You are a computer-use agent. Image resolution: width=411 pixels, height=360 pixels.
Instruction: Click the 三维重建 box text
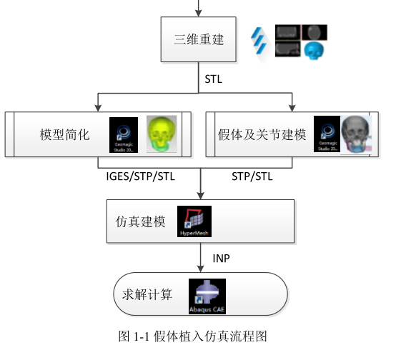(199, 39)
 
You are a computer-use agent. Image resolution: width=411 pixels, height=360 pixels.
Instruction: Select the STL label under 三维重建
(214, 79)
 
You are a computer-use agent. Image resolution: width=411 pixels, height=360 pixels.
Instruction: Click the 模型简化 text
(64, 134)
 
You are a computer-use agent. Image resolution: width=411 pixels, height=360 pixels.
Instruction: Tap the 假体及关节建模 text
(262, 134)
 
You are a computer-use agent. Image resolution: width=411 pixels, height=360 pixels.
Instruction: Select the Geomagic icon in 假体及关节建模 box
(327, 134)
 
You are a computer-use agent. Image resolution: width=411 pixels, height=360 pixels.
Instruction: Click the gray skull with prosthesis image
(357, 134)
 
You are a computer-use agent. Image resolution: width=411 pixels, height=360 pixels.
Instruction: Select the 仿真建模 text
(135, 222)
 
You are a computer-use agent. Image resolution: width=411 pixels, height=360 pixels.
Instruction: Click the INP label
(222, 257)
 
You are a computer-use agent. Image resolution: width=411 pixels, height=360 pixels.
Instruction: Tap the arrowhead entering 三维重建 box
(199, 12)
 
